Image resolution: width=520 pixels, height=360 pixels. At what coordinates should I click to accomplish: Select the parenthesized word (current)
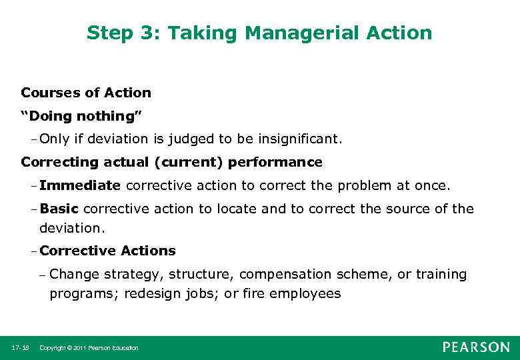click(x=194, y=162)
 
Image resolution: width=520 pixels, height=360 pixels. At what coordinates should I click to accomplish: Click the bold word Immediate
click(x=80, y=185)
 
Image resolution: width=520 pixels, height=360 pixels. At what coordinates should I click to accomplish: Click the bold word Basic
click(x=59, y=209)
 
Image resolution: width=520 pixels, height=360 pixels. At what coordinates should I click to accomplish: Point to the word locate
click(x=236, y=209)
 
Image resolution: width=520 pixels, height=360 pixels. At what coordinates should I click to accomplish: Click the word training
click(x=441, y=274)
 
